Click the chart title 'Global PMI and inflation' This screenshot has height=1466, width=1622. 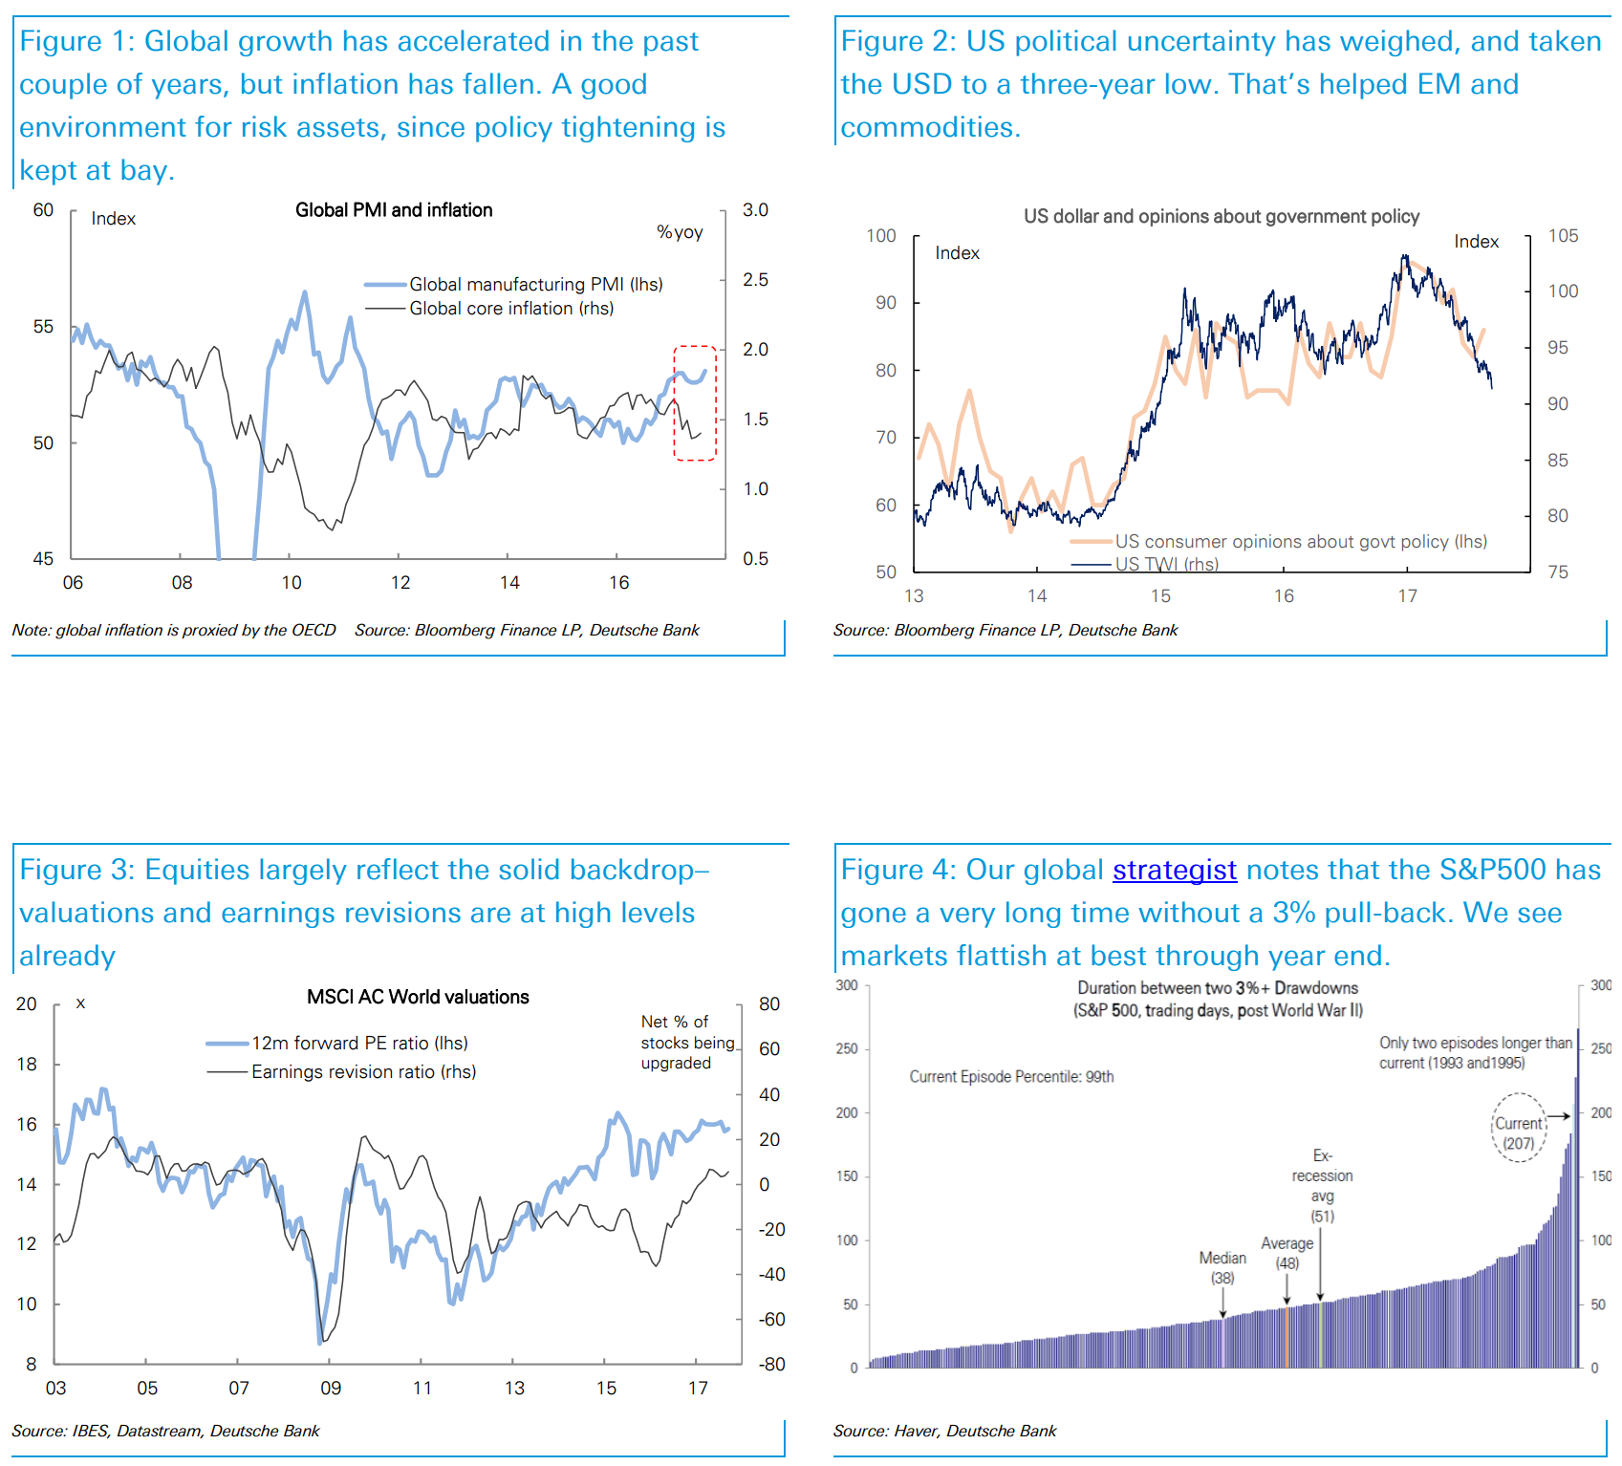tap(394, 210)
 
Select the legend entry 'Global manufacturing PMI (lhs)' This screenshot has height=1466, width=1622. tap(535, 284)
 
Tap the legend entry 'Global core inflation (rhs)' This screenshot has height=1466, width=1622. tap(511, 308)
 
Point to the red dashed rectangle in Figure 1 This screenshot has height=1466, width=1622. tap(695, 403)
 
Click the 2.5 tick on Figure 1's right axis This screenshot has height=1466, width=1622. tap(755, 279)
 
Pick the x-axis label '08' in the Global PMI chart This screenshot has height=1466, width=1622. tap(182, 582)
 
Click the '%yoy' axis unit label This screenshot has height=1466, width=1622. tap(680, 232)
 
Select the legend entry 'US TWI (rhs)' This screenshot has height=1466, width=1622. tap(1166, 564)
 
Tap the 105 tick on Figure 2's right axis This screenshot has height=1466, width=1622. tap(1563, 235)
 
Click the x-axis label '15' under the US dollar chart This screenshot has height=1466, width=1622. tap(1160, 595)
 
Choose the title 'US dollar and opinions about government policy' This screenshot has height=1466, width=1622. tap(1222, 216)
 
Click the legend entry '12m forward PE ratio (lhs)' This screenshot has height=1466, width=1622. tap(359, 1043)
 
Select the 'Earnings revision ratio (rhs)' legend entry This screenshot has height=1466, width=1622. tap(363, 1071)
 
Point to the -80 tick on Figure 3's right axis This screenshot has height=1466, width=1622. tap(771, 1364)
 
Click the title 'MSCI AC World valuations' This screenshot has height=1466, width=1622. tap(418, 997)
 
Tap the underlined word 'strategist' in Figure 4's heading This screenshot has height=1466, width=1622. tap(1175, 870)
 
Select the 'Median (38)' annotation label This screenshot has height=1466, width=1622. tap(1222, 1267)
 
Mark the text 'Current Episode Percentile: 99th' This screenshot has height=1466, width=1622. tap(1011, 1077)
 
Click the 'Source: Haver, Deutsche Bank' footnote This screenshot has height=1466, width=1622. tap(944, 1431)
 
